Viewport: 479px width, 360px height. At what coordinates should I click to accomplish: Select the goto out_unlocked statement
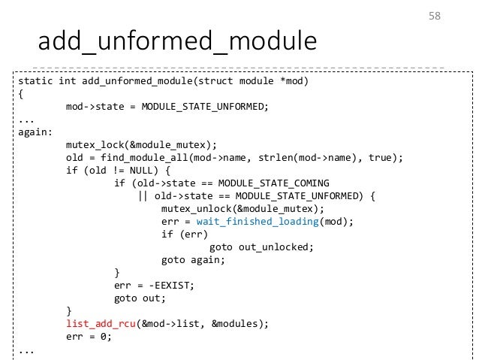coord(260,247)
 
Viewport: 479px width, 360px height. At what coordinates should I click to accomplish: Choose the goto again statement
coord(192,259)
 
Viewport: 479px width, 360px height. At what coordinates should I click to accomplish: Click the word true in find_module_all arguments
coord(387,157)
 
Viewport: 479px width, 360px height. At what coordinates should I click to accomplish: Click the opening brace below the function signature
coord(20,93)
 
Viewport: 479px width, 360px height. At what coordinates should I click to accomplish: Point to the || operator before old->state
coord(143,195)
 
